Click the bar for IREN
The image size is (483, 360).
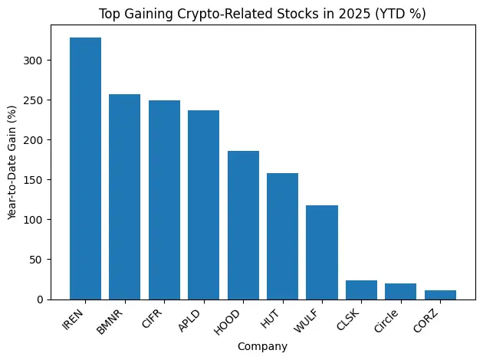coord(85,169)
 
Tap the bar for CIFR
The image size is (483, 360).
coord(164,200)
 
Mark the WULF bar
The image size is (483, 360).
coord(322,252)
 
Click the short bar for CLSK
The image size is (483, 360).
coord(361,290)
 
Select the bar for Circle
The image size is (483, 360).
coord(400,291)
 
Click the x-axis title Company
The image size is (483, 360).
coord(262,347)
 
